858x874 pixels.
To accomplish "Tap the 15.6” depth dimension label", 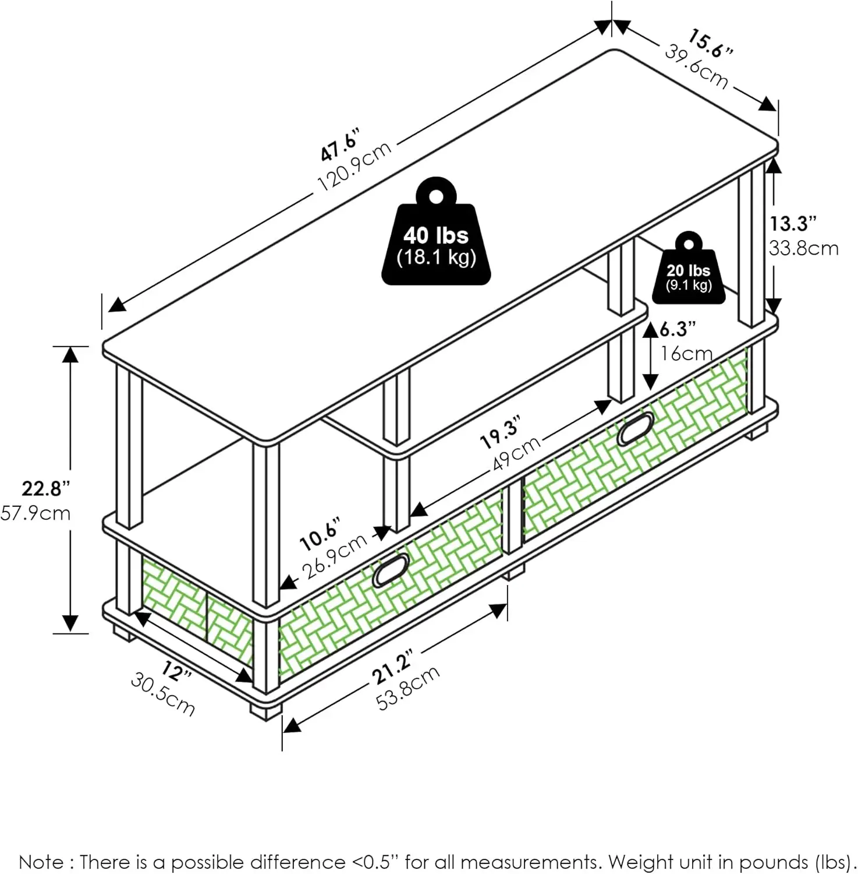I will tap(710, 44).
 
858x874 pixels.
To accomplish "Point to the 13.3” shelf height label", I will tap(793, 223).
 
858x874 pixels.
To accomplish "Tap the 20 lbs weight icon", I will tap(689, 270).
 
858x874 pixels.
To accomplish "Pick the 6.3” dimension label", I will tap(678, 330).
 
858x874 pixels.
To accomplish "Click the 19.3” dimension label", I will tap(500, 432).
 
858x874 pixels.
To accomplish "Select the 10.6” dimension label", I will tap(320, 533).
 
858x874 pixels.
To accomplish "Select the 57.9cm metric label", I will tap(36, 513).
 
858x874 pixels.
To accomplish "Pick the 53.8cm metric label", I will tap(407, 689).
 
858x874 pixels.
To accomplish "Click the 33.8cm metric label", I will tap(803, 248).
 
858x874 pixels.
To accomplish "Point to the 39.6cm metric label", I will tap(696, 68).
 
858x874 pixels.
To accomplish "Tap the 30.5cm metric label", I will tap(162, 694).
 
